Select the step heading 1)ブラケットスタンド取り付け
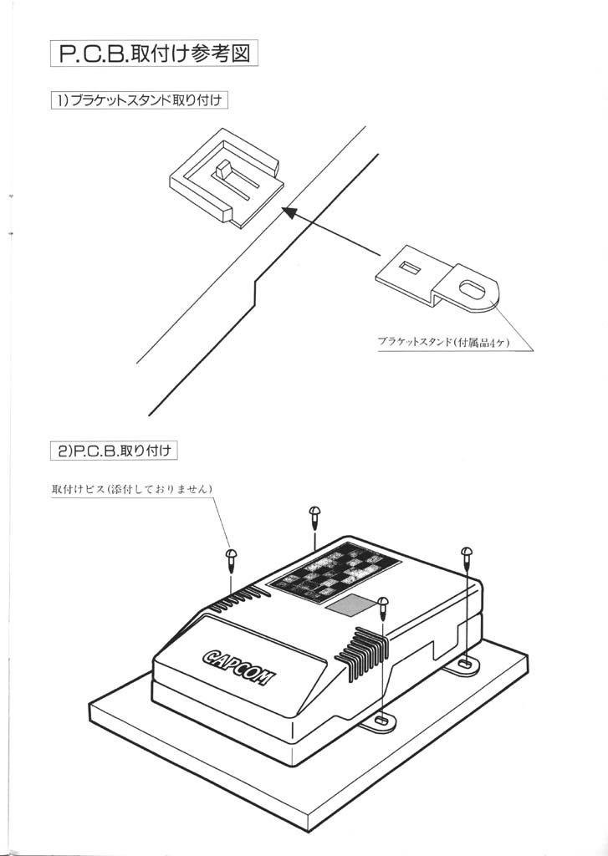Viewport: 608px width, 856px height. pos(140,100)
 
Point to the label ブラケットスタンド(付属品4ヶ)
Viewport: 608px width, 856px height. pos(442,342)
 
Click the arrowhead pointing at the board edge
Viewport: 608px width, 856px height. pos(287,213)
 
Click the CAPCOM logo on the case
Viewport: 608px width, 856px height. pos(237,665)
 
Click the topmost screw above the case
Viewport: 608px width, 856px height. pos(315,516)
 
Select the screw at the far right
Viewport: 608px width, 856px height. pos(466,555)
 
